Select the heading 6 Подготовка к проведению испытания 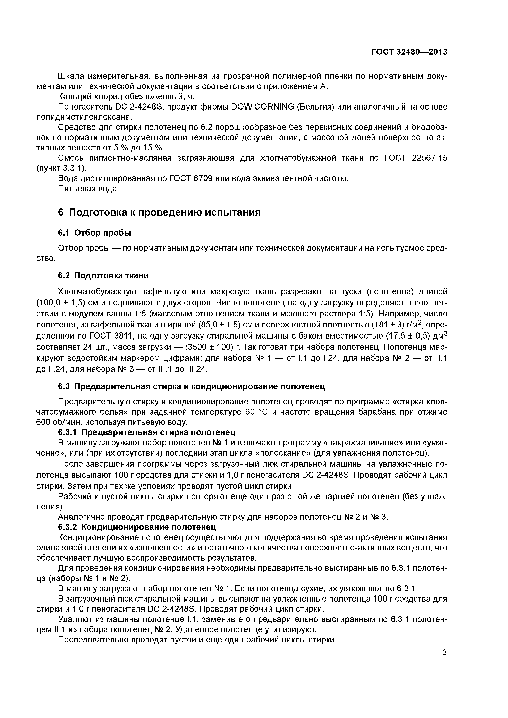pos(159,213)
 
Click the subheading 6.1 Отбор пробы pos(94,233)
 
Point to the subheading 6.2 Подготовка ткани pos(103,275)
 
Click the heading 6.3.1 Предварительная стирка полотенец pos(146,432)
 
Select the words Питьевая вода pos(88,189)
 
